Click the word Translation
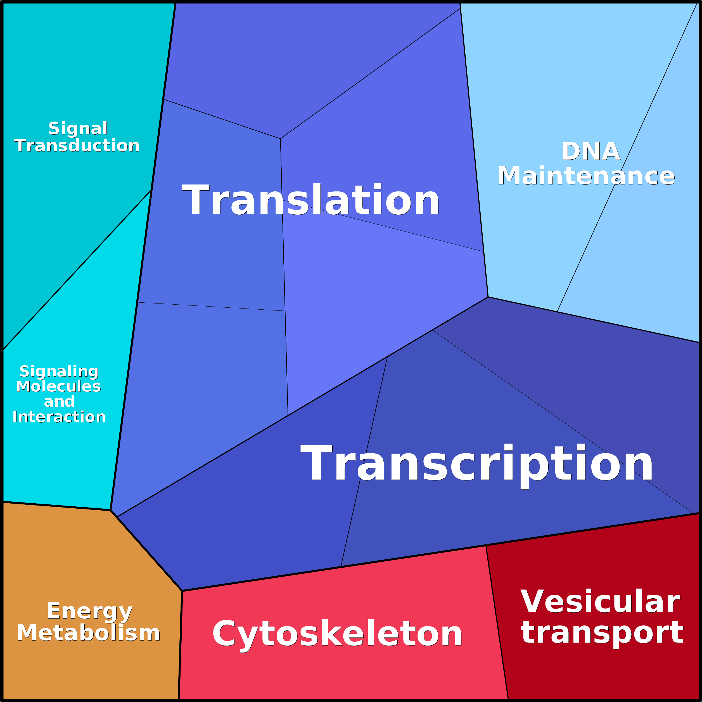click(311, 200)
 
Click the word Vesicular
click(600, 602)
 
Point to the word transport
click(602, 633)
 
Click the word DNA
click(590, 151)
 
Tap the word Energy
click(89, 611)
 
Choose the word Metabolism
click(88, 633)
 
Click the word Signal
click(78, 128)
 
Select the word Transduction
click(77, 145)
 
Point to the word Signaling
click(59, 371)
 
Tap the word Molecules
click(58, 386)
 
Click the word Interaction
click(59, 417)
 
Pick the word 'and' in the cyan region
click(59, 402)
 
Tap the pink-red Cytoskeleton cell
click(327, 676)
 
